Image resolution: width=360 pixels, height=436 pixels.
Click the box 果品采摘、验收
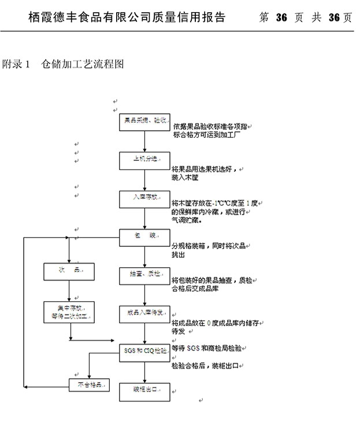click(x=145, y=121)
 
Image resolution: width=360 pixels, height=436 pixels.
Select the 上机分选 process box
click(x=145, y=160)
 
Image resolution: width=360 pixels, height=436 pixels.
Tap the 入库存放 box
click(x=145, y=198)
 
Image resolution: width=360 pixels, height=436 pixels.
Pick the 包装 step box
click(x=145, y=236)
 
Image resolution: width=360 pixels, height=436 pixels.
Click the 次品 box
click(x=69, y=271)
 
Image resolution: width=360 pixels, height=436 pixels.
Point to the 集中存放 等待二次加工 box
click(x=69, y=312)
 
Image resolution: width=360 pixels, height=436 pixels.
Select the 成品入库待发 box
click(x=145, y=313)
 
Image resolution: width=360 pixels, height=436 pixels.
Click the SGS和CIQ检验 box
click(x=145, y=351)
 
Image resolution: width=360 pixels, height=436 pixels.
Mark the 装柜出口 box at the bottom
click(x=145, y=391)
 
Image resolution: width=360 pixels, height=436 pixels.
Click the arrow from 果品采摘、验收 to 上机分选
click(x=145, y=141)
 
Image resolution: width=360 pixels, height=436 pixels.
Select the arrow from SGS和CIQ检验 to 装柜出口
click(x=145, y=370)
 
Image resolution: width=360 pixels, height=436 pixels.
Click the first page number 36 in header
click(x=281, y=17)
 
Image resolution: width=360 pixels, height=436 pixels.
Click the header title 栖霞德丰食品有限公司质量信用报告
click(x=127, y=17)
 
